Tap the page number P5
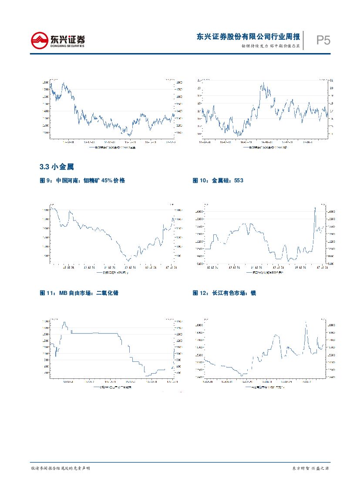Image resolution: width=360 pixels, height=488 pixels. tap(323, 41)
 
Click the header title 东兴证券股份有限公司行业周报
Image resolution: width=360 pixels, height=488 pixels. tap(248, 37)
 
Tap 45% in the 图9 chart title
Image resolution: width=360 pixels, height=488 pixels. tap(107, 180)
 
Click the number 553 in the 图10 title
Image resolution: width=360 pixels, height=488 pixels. tap(239, 180)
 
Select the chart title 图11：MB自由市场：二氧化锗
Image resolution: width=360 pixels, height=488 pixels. tap(79, 293)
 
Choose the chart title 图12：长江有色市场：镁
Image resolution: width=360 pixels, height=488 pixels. tap(224, 293)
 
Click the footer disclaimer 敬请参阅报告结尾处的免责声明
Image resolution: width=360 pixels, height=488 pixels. tap(61, 468)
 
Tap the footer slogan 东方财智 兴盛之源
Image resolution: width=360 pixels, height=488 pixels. tap(310, 468)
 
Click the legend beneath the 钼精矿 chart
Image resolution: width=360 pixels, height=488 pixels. tap(112, 272)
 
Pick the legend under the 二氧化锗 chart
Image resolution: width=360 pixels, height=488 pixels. tap(113, 386)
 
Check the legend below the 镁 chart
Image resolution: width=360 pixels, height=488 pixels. tap(266, 386)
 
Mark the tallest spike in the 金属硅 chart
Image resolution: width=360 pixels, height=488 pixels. tap(315, 208)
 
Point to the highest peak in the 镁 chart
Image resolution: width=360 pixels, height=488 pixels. tap(306, 322)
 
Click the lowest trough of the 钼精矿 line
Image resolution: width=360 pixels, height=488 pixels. tap(127, 260)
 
